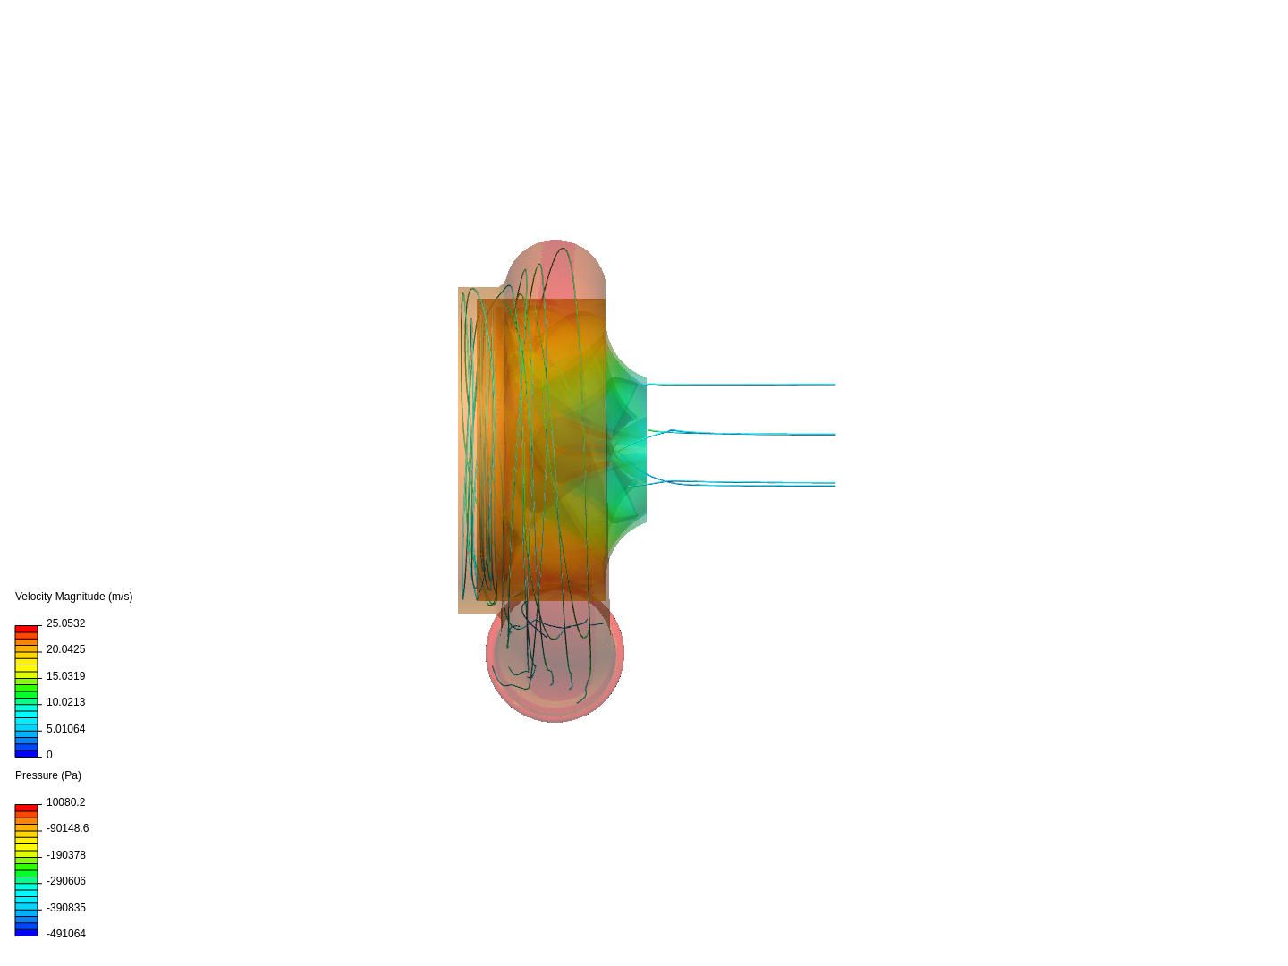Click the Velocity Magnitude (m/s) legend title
pyautogui.click(x=73, y=597)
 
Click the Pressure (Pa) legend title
pyautogui.click(x=48, y=775)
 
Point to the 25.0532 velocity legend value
pyautogui.click(x=65, y=623)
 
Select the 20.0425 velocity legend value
pyautogui.click(x=65, y=649)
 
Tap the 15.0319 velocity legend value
pyautogui.click(x=65, y=676)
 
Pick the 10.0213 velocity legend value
pyautogui.click(x=65, y=702)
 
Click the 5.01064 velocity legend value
pyautogui.click(x=65, y=729)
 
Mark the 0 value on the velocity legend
pyautogui.click(x=49, y=755)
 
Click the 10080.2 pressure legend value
pyautogui.click(x=65, y=802)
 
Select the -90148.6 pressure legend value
pyautogui.click(x=67, y=828)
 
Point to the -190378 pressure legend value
pyautogui.click(x=65, y=855)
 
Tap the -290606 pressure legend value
pyautogui.click(x=65, y=881)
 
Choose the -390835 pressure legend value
pyautogui.click(x=65, y=908)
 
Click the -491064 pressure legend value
pyautogui.click(x=65, y=934)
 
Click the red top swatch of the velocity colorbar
pyautogui.click(x=26, y=629)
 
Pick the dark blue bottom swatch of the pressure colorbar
pyautogui.click(x=26, y=932)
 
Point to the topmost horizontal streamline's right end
pyautogui.click(x=834, y=385)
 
